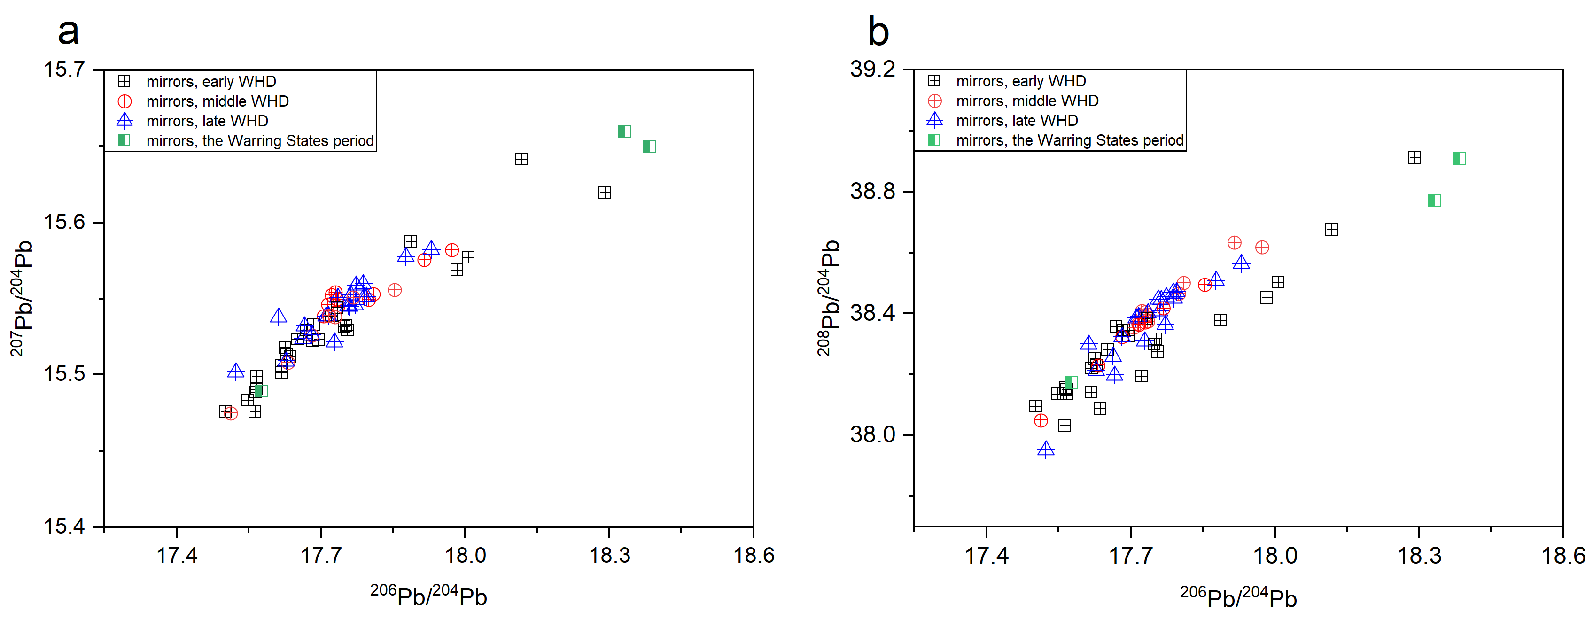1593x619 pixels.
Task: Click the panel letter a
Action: pyautogui.click(x=68, y=32)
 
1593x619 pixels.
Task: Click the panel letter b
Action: pyautogui.click(x=878, y=32)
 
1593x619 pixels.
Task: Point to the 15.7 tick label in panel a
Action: pyautogui.click(x=64, y=69)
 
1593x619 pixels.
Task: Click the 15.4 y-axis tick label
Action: pyautogui.click(x=64, y=526)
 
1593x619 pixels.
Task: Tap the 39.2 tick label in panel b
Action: pyautogui.click(x=872, y=69)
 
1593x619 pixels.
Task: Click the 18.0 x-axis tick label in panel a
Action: pyautogui.click(x=465, y=555)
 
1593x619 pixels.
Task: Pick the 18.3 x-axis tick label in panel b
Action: pyautogui.click(x=1419, y=555)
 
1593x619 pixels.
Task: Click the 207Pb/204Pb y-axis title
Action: pyautogui.click(x=22, y=298)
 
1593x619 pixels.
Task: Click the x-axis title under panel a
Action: pyautogui.click(x=428, y=596)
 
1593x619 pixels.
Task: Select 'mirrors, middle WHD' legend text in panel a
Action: pyautogui.click(x=217, y=101)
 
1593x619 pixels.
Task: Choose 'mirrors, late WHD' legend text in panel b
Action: pyautogui.click(x=1017, y=121)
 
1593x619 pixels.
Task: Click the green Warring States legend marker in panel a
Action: pyautogui.click(x=124, y=140)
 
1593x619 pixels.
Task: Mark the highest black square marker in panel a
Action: pyautogui.click(x=521, y=159)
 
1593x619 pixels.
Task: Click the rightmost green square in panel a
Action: pyautogui.click(x=649, y=147)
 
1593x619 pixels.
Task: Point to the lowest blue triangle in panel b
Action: pyautogui.click(x=1046, y=449)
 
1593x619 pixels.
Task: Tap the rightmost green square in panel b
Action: pyautogui.click(x=1459, y=158)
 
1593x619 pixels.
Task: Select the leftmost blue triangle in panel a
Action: pyautogui.click(x=236, y=371)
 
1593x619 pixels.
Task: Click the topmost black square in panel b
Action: pyautogui.click(x=1414, y=158)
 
